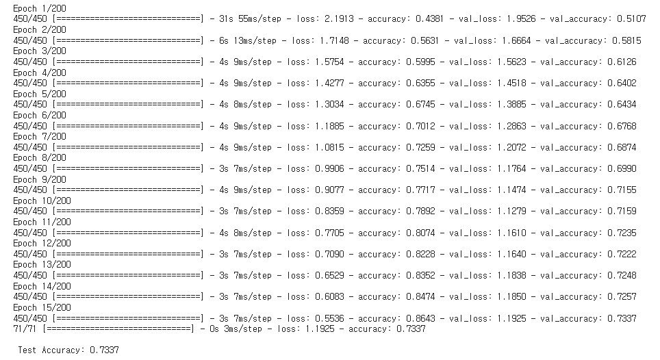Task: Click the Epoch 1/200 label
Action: pyautogui.click(x=39, y=8)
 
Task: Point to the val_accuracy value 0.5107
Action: pyautogui.click(x=622, y=19)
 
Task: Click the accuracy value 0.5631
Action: pyautogui.click(x=420, y=40)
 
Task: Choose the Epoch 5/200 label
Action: pyautogui.click(x=39, y=94)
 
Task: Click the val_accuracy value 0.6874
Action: pyautogui.click(x=622, y=147)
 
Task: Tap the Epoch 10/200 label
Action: pyautogui.click(x=42, y=201)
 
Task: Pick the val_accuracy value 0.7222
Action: pyautogui.click(x=622, y=254)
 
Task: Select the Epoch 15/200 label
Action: pyautogui.click(x=42, y=307)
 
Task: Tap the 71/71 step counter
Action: pyautogui.click(x=25, y=329)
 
